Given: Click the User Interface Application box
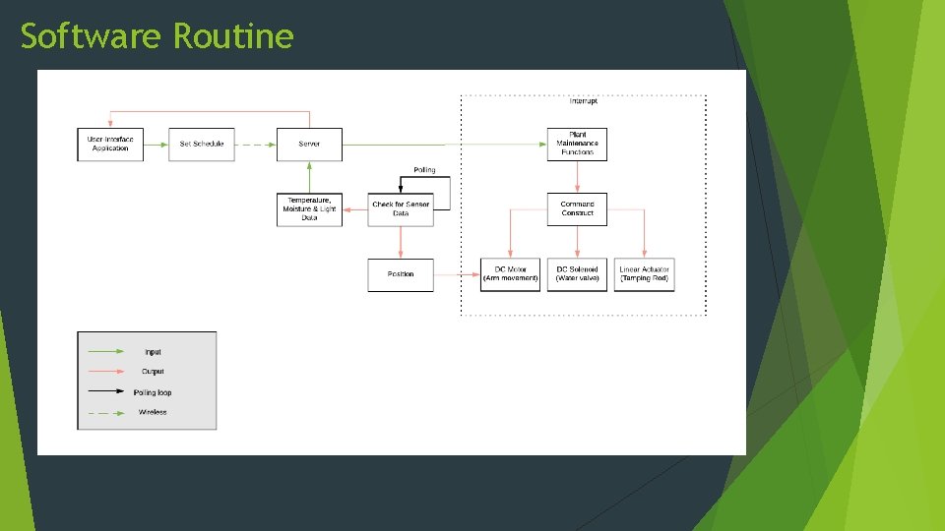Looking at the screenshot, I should tap(110, 145).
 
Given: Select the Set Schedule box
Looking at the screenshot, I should tap(202, 145).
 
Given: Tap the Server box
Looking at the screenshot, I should tap(309, 145).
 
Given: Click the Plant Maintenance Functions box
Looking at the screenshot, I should tap(577, 145).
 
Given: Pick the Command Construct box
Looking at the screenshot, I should tap(577, 209).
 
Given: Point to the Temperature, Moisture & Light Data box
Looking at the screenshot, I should tap(309, 209).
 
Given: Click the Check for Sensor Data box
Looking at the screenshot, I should tap(401, 209).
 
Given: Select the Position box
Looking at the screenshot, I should tap(401, 274).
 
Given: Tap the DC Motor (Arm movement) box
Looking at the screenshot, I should tap(510, 274).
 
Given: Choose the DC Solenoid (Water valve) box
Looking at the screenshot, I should tap(577, 274).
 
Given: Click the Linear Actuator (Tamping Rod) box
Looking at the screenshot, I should tap(645, 274).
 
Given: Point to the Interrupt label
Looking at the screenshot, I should tap(584, 101).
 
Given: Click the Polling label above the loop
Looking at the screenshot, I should tap(424, 170).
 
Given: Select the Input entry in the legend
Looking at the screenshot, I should tap(153, 352).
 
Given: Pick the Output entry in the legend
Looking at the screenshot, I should tap(153, 372).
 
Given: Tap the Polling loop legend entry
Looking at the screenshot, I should tap(153, 392).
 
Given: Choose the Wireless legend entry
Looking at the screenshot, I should tap(153, 412).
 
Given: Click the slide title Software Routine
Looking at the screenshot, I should tap(157, 36).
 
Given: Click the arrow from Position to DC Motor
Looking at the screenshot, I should tap(457, 274).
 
